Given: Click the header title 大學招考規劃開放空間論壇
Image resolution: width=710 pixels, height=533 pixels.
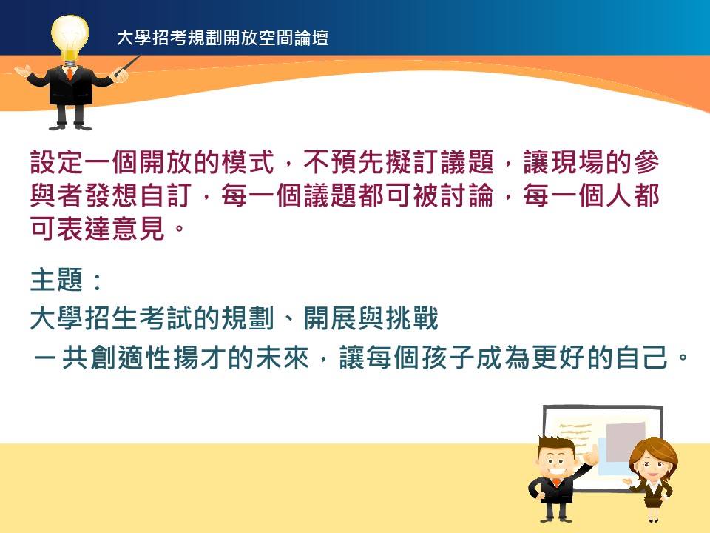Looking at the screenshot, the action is pyautogui.click(x=223, y=38).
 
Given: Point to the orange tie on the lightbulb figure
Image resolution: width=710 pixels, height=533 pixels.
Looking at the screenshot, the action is pyautogui.click(x=70, y=73).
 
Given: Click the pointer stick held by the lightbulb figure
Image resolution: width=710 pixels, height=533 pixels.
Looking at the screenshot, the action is pyautogui.click(x=128, y=65).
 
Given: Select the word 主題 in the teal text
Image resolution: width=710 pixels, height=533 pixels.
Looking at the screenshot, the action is pyautogui.click(x=57, y=280).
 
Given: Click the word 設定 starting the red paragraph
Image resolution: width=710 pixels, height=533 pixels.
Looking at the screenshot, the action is pyautogui.click(x=57, y=162).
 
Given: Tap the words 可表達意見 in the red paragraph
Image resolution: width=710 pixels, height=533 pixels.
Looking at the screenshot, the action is pyautogui.click(x=98, y=228).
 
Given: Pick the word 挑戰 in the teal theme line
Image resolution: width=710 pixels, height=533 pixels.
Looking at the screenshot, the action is pyautogui.click(x=412, y=318).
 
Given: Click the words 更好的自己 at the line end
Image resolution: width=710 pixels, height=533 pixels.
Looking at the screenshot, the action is pyautogui.click(x=600, y=358).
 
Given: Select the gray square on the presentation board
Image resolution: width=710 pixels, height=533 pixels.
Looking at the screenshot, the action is pyautogui.click(x=626, y=442).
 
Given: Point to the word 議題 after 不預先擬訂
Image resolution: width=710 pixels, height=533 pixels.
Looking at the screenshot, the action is pyautogui.click(x=467, y=162).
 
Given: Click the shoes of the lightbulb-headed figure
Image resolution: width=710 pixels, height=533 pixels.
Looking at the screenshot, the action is pyautogui.click(x=70, y=126).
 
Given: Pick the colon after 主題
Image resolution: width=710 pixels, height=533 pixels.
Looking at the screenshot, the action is pyautogui.click(x=96, y=281).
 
